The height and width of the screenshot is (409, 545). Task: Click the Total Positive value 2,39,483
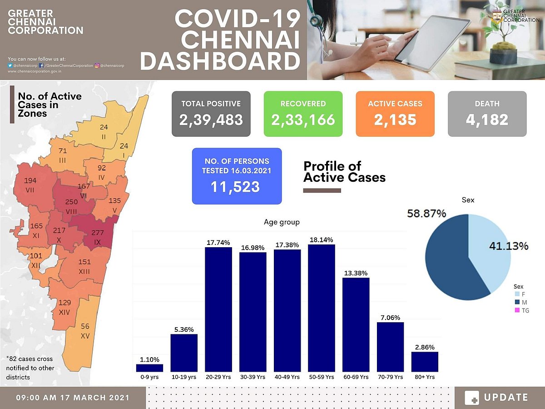pyautogui.click(x=211, y=120)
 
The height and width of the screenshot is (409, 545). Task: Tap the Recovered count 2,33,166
pyautogui.click(x=303, y=120)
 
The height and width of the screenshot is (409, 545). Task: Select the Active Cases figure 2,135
pyautogui.click(x=395, y=120)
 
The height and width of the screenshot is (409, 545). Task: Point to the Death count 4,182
pyautogui.click(x=487, y=120)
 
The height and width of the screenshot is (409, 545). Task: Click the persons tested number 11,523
pyautogui.click(x=235, y=187)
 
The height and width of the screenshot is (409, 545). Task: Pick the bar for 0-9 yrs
pyautogui.click(x=149, y=368)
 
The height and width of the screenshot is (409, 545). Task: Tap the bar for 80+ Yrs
pyautogui.click(x=425, y=361)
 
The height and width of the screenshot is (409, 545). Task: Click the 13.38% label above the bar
pyautogui.click(x=356, y=273)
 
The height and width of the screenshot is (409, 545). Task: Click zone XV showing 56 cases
pyautogui.click(x=85, y=332)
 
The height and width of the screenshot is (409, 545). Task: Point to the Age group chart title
pyautogui.click(x=282, y=222)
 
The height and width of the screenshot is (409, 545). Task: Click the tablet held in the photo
pyautogui.click(x=431, y=43)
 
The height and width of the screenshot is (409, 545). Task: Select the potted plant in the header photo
pyautogui.click(x=503, y=39)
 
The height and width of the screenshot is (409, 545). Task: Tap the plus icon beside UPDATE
pyautogui.click(x=472, y=398)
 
